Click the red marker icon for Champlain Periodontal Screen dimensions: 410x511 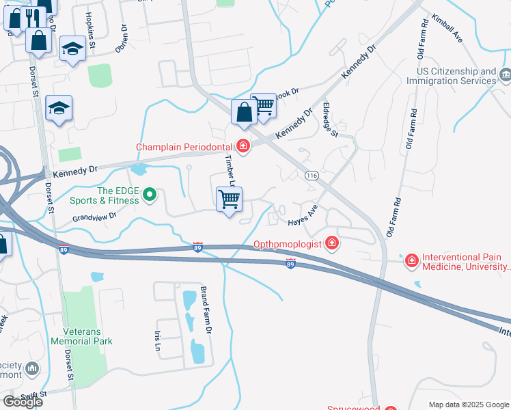pyautogui.click(x=243, y=146)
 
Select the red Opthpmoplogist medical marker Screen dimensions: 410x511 pyautogui.click(x=331, y=243)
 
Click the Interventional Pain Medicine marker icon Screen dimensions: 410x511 pyautogui.click(x=411, y=260)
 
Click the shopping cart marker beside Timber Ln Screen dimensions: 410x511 pyautogui.click(x=230, y=200)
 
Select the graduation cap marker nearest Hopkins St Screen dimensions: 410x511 pyautogui.click(x=72, y=49)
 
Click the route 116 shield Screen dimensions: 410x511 pyautogui.click(x=312, y=176)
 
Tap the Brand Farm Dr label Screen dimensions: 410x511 pyautogui.click(x=205, y=311)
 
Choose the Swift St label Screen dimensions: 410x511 pyautogui.click(x=33, y=395)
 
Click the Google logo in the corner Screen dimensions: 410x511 pyautogui.click(x=22, y=402)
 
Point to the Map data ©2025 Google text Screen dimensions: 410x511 pyautogui.click(x=468, y=405)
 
